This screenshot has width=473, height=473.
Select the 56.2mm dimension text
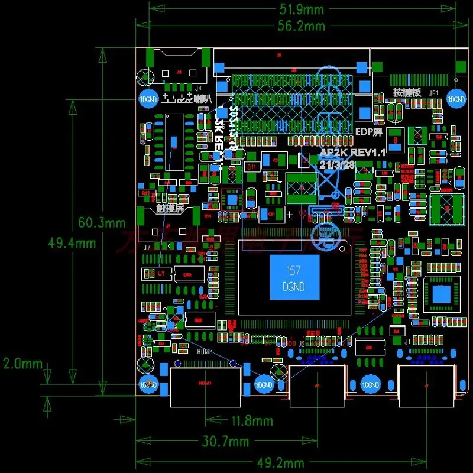302,25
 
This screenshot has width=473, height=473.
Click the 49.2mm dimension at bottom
281,462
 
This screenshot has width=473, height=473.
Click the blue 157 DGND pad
294,277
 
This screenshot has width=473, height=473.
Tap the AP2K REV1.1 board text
352,153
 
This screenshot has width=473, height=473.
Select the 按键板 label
407,93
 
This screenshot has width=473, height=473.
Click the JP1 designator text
433,93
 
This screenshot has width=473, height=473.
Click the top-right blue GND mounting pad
455,99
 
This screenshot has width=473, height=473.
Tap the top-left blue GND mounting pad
147,99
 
